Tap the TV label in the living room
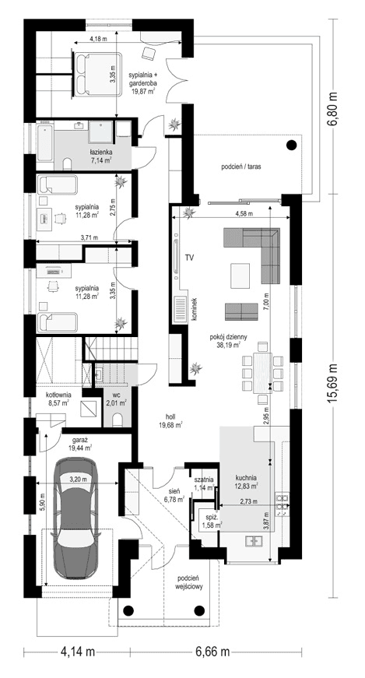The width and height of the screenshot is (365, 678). coord(189,257)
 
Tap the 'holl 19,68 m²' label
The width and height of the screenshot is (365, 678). coord(168,420)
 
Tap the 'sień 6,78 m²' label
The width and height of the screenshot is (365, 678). coord(173,494)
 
